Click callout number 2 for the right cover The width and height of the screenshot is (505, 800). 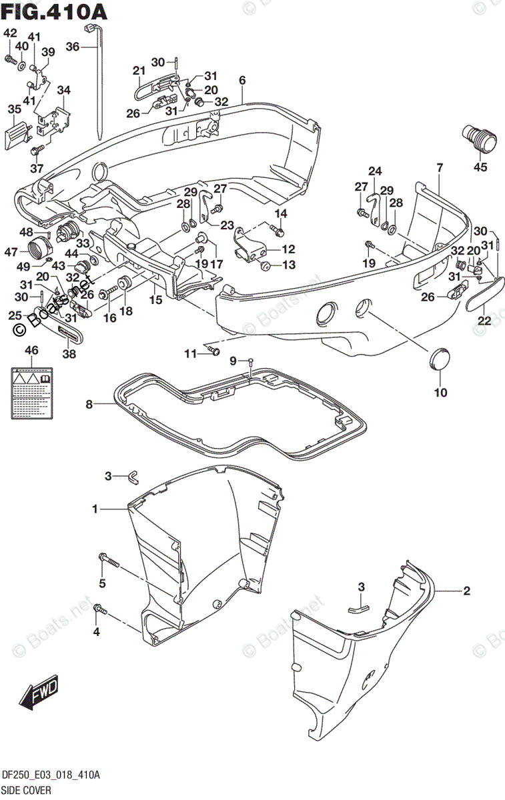466,591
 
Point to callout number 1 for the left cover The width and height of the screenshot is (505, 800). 95,509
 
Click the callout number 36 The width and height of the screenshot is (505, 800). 73,47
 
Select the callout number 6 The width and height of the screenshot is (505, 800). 242,80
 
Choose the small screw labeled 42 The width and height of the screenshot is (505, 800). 10,59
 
